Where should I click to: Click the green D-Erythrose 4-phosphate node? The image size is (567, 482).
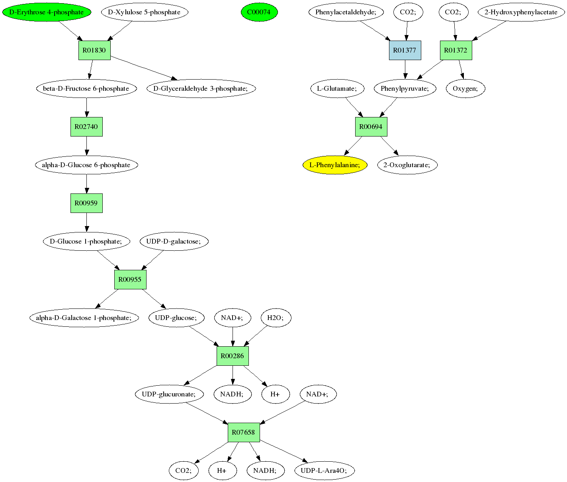pos(47,12)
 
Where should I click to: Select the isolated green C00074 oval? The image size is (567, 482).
pos(259,12)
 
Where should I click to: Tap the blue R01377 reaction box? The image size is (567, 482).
pos(405,50)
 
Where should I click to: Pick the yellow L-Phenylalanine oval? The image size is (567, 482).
pos(335,165)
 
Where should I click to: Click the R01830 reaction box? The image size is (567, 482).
pos(94,50)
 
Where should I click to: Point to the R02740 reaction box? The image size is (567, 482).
pos(86,127)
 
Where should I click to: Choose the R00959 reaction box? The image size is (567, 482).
pos(86,203)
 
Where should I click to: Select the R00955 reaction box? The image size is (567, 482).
pos(130,279)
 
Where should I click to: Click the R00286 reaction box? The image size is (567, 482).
pos(233,356)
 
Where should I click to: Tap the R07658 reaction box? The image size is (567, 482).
pos(244,432)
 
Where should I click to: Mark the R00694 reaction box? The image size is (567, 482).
pos(371,127)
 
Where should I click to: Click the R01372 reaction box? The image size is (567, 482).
pos(456,50)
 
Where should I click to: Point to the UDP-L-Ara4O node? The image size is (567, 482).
pos(324,470)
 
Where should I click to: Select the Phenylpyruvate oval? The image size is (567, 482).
pos(405,88)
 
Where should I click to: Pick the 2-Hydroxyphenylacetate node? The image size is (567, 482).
pos(521,12)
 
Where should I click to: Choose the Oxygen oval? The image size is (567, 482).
pos(465,88)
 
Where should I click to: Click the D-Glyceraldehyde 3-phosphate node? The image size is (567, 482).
pos(201,88)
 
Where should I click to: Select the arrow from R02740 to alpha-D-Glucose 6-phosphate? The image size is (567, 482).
pos(86,146)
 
